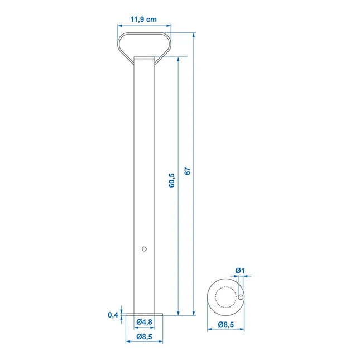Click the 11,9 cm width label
(143, 20)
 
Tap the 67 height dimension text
(188, 171)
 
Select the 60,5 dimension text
(171, 180)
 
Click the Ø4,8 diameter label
(144, 321)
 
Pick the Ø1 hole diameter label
(240, 271)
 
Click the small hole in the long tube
(144, 249)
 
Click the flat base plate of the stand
(144, 315)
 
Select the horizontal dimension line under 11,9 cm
(144, 26)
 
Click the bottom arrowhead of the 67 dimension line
(194, 314)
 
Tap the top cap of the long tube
(144, 58)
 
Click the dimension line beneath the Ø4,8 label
(144, 328)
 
